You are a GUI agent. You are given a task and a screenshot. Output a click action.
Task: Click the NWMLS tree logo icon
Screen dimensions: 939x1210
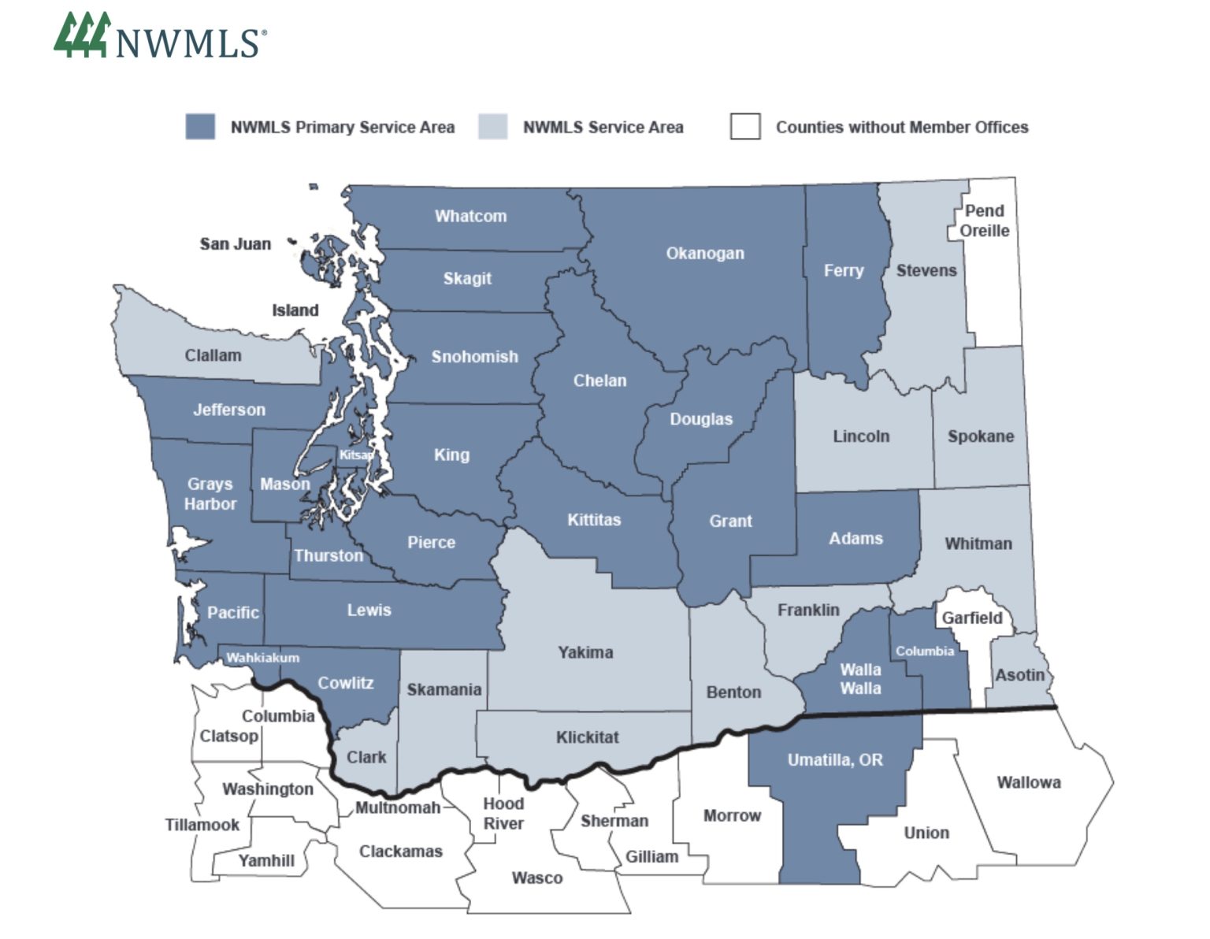point(81,35)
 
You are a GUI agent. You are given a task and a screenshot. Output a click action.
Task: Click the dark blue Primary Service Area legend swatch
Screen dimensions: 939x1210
point(200,127)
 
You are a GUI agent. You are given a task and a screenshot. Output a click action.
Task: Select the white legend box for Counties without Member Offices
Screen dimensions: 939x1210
point(744,127)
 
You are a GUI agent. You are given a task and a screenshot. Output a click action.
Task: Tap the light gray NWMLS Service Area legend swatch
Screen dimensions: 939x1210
point(492,127)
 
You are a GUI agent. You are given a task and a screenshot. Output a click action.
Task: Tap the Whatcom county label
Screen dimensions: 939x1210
point(470,216)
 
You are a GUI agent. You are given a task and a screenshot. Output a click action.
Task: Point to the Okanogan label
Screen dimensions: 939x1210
point(704,253)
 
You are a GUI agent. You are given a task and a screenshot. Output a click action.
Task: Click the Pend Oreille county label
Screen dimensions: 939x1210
point(984,221)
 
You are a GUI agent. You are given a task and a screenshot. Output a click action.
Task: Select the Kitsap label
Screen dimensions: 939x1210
point(356,455)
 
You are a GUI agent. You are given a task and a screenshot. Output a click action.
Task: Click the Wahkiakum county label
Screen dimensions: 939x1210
point(262,657)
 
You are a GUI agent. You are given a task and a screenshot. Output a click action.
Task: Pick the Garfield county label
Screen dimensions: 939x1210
point(972,618)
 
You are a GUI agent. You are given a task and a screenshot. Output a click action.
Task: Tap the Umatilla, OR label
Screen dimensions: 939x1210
point(835,760)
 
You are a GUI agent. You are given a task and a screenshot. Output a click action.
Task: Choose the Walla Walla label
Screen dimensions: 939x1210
point(860,678)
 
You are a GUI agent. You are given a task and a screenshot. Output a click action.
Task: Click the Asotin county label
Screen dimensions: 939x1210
point(1019,675)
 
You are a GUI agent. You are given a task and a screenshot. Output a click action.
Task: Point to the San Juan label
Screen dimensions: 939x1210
point(235,244)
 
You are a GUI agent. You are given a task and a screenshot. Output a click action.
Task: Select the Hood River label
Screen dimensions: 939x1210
point(503,813)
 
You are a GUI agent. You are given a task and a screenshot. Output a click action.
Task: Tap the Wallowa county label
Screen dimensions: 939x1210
point(1028,782)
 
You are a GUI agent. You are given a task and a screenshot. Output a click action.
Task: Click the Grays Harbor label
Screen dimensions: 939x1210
point(210,494)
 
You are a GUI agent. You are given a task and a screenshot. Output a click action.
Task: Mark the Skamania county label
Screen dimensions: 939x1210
point(444,690)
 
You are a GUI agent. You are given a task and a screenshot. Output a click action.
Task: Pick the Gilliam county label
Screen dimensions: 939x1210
point(651,856)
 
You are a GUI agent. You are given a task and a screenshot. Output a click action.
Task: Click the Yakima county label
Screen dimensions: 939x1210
point(585,652)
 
